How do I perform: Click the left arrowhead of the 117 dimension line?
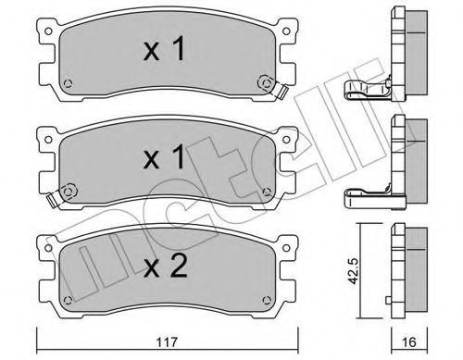pyautogui.click(x=40, y=330)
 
